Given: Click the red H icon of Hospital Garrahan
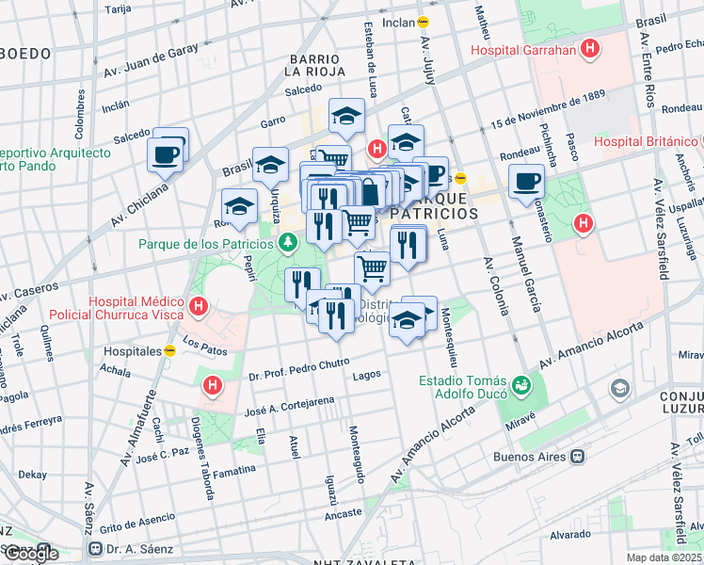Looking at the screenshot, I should [x=590, y=50].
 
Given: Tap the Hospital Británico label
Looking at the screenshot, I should [x=645, y=142].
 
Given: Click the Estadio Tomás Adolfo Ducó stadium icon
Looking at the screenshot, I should [x=520, y=384].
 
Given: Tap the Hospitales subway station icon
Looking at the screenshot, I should [x=169, y=350].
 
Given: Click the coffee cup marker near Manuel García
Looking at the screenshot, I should [x=526, y=179].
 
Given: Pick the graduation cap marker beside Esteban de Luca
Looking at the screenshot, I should [x=346, y=116].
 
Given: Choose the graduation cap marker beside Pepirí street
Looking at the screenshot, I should [x=239, y=205].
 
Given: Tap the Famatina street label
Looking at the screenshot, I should [x=234, y=469].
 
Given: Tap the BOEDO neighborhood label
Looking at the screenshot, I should [x=25, y=54].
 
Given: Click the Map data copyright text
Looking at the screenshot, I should [x=664, y=557].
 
